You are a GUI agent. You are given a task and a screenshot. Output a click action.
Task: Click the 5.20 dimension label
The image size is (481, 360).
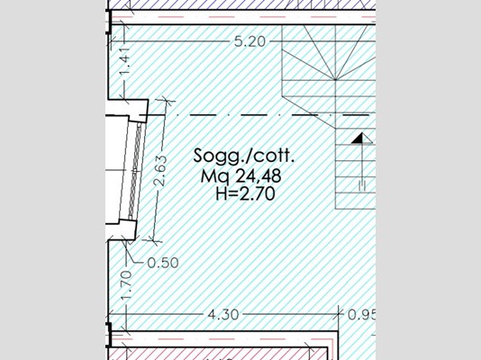[x=250, y=41]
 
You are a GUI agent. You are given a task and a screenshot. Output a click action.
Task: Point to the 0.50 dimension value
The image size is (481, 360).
[x=163, y=263]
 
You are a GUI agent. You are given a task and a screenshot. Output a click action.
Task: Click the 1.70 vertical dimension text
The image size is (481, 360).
[x=126, y=285]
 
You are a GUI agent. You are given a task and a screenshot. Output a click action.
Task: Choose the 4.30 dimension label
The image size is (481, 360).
[x=223, y=315]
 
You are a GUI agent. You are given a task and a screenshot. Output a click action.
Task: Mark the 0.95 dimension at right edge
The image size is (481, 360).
[x=362, y=315]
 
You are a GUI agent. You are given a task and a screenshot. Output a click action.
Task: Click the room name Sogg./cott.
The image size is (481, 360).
[x=244, y=156]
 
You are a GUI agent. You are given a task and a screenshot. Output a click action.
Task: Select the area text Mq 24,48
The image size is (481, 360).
[x=240, y=176]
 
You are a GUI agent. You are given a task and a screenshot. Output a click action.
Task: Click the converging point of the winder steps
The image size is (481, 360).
[x=335, y=80]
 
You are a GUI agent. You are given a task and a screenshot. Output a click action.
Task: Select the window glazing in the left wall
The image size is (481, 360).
[x=135, y=171]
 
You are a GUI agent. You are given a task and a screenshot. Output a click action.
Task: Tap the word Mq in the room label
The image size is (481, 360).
[x=213, y=176]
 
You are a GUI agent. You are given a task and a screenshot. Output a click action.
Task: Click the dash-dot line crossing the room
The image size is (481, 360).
[x=258, y=115]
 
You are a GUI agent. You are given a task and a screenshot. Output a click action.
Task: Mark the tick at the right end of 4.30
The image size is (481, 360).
[x=339, y=313]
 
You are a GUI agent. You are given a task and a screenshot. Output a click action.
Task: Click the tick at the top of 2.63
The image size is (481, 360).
[x=166, y=100]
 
